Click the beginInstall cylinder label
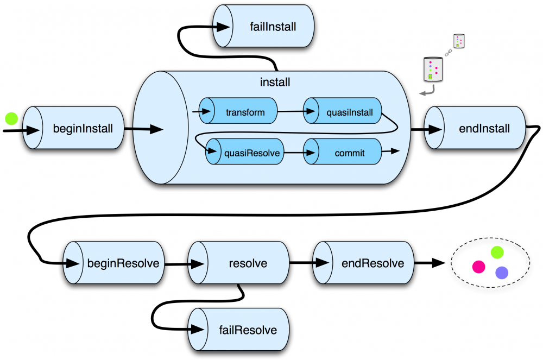[83, 129]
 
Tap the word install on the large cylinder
[275, 83]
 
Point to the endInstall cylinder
[477, 129]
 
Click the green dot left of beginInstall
[11, 117]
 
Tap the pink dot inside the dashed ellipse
[478, 267]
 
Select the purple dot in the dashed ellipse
[501, 273]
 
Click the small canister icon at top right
[460, 41]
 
